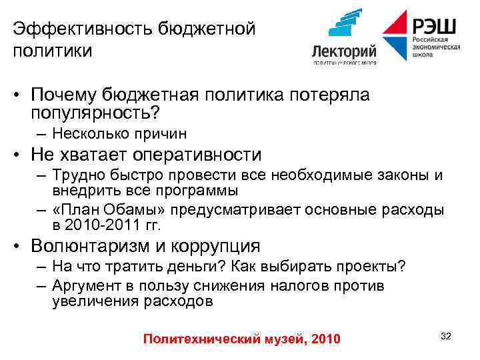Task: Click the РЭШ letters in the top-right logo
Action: tap(434, 27)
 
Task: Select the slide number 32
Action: tap(446, 336)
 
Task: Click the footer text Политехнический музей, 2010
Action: tap(241, 339)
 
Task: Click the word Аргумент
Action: tap(86, 286)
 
